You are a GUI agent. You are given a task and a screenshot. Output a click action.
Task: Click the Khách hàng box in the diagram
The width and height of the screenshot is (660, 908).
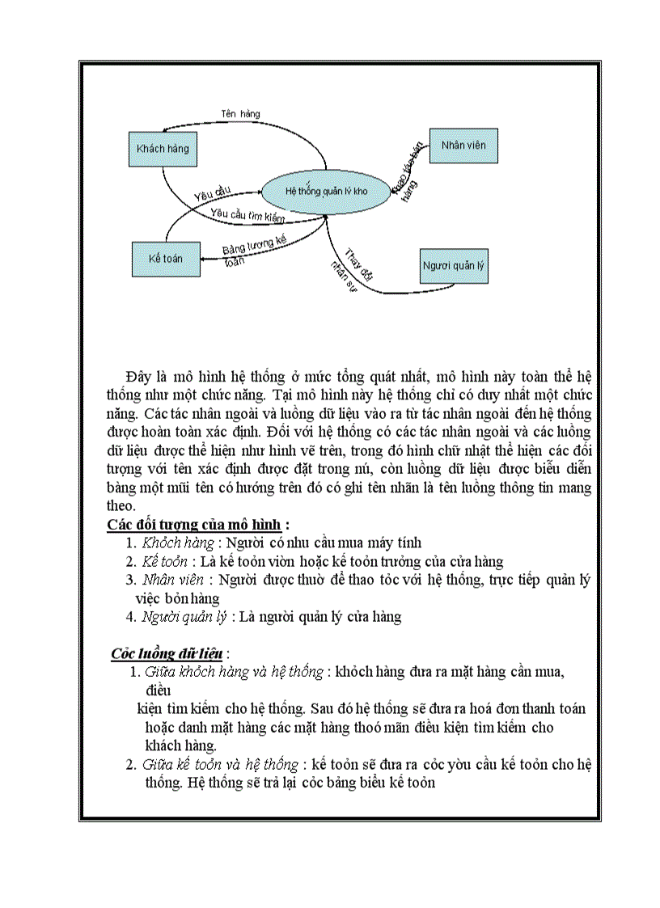point(163,149)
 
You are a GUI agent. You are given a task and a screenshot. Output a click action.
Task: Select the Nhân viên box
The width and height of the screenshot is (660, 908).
point(463,146)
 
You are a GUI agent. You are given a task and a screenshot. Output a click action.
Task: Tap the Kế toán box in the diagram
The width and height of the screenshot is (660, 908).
point(165,259)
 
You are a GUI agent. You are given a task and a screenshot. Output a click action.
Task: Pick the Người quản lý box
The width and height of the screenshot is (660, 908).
point(455,265)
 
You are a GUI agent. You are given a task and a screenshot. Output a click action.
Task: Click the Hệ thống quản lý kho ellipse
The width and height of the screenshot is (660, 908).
point(326,191)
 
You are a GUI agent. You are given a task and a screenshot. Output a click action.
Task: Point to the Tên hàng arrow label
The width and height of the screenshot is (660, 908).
point(240,114)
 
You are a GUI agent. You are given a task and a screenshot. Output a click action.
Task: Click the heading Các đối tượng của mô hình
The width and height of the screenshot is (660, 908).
point(198,524)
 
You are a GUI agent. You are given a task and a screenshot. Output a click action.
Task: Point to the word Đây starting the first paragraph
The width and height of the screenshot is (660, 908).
point(139,377)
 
